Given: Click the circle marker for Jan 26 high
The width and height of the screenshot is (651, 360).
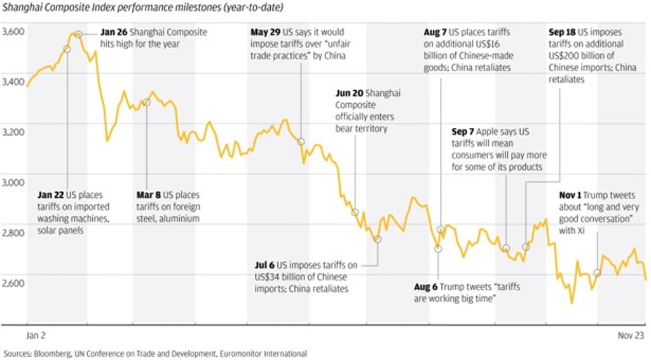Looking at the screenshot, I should pos(78,34).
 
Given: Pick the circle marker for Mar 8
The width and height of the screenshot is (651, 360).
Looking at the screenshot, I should pos(146,102).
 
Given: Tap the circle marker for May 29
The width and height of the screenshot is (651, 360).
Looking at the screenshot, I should pos(301,141).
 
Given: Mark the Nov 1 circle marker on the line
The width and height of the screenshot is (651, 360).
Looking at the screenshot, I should pos(597,273).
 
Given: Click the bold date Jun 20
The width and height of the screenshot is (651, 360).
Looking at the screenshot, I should pos(347,93).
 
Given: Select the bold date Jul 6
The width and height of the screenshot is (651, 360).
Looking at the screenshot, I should pos(264,265).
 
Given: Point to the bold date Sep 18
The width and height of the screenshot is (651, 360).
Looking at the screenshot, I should pos(561,32).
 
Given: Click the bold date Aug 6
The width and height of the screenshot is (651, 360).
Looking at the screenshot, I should pos(426,287).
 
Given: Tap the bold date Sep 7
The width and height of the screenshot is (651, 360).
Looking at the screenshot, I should pos(463,132).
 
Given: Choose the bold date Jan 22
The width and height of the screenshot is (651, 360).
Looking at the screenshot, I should pos(51,195).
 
